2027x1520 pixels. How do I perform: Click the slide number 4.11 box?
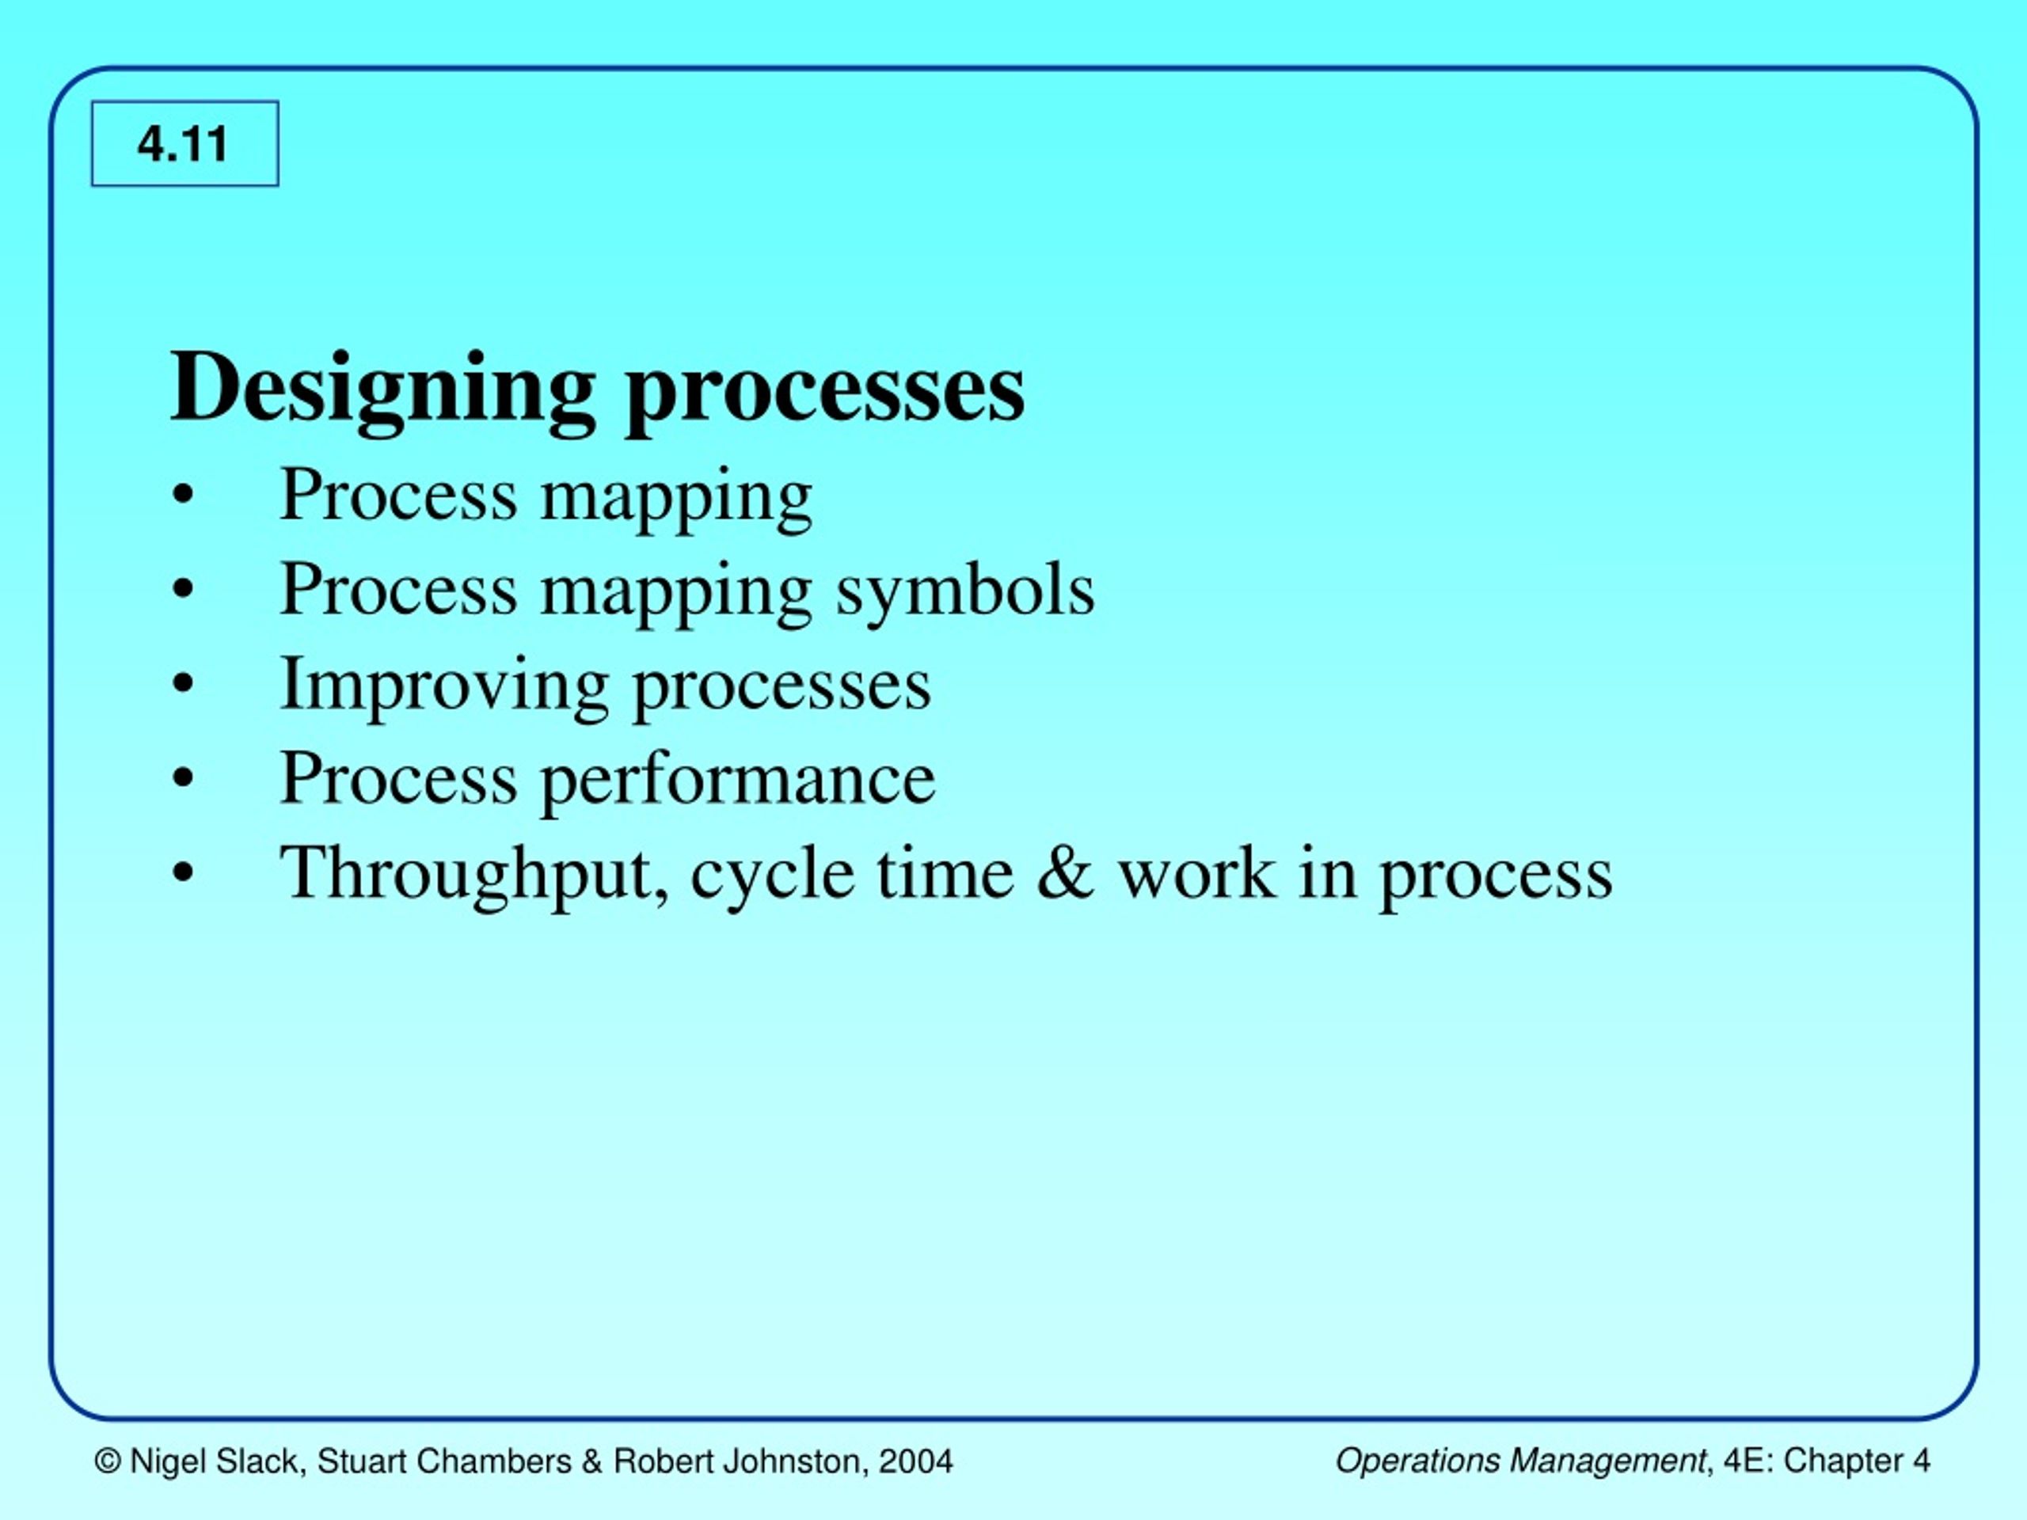184,144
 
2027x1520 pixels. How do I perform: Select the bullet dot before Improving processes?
183,685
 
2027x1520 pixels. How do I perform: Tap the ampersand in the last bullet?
1066,873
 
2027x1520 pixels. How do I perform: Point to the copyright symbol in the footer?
108,1461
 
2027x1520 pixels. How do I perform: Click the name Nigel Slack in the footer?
215,1461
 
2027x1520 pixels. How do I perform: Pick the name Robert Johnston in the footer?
736,1461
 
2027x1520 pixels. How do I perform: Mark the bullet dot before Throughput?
183,874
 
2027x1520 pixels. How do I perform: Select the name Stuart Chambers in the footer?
444,1461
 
